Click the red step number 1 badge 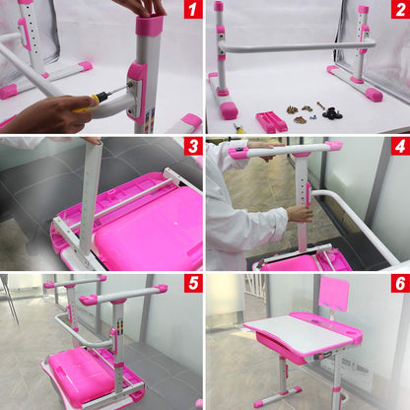pyautogui.click(x=192, y=9)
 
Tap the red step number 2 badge pyautogui.click(x=400, y=9)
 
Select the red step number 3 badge pyautogui.click(x=192, y=147)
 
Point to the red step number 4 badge pyautogui.click(x=400, y=147)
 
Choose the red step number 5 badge pyautogui.click(x=192, y=284)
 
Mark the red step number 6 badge pyautogui.click(x=400, y=284)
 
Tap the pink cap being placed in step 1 pyautogui.click(x=150, y=25)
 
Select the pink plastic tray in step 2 pyautogui.click(x=271, y=121)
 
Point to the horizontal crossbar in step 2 pyautogui.click(x=298, y=46)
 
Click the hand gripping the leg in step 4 pyautogui.click(x=300, y=213)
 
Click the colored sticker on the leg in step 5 pyautogui.click(x=120, y=327)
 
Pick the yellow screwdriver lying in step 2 pyautogui.click(x=239, y=128)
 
